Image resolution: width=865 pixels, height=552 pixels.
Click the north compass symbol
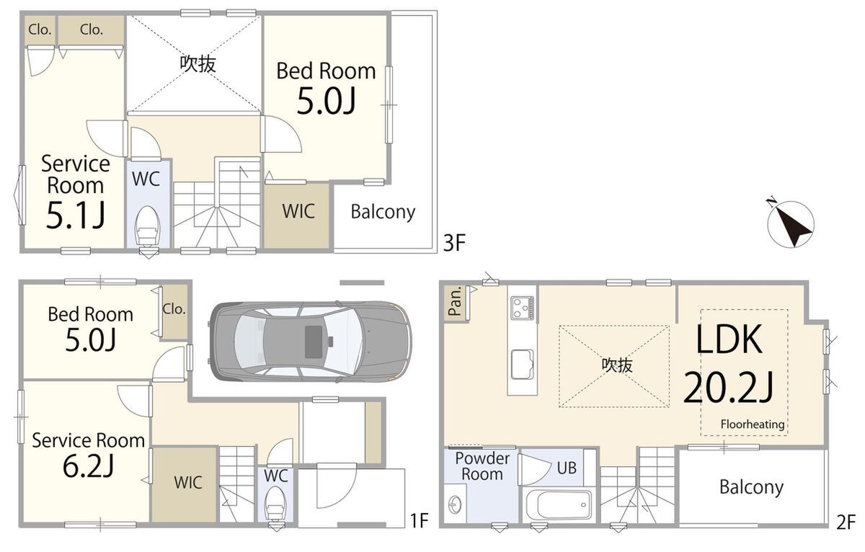click(790, 223)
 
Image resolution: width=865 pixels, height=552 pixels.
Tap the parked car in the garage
click(310, 342)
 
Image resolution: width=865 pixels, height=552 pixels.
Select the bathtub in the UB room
click(559, 505)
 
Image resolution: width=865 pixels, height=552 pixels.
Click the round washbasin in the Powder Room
click(456, 504)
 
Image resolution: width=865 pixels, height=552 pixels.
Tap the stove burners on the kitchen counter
click(522, 308)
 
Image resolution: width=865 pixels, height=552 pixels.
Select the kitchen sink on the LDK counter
click(522, 365)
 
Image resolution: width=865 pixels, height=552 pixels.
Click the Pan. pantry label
click(456, 301)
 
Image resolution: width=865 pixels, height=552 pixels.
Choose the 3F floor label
click(454, 243)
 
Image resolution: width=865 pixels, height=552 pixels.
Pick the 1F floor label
click(420, 521)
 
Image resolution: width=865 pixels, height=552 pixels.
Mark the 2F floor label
click(846, 522)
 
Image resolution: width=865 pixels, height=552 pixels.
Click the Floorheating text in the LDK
click(753, 424)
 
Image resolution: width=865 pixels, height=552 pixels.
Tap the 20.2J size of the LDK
click(727, 387)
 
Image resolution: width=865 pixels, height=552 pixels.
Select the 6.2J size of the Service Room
click(88, 466)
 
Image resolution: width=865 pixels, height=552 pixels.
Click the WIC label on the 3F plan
click(298, 211)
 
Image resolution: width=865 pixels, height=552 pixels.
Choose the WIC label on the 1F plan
click(187, 483)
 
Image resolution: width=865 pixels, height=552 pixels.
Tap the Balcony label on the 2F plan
click(751, 488)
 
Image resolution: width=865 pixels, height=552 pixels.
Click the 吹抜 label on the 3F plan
click(198, 64)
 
